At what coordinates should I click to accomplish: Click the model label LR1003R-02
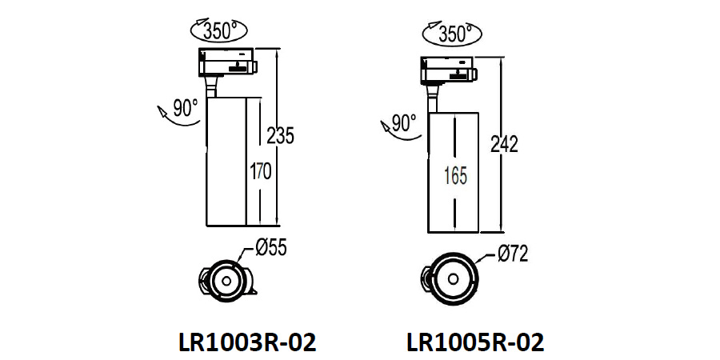tap(246, 342)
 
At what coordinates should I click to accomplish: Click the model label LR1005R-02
tap(475, 342)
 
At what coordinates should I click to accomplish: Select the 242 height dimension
tap(504, 145)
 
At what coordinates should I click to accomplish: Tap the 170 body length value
tap(261, 171)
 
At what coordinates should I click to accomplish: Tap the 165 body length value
tap(454, 176)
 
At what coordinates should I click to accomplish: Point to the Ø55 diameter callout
tap(270, 250)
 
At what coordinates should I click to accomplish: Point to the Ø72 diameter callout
tap(512, 254)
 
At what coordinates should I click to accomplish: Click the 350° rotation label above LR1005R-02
tap(453, 34)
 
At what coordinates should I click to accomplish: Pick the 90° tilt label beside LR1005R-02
tap(404, 123)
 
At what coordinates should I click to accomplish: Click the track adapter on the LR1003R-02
tap(227, 62)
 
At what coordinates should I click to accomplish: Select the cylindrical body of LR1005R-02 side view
tap(453, 172)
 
